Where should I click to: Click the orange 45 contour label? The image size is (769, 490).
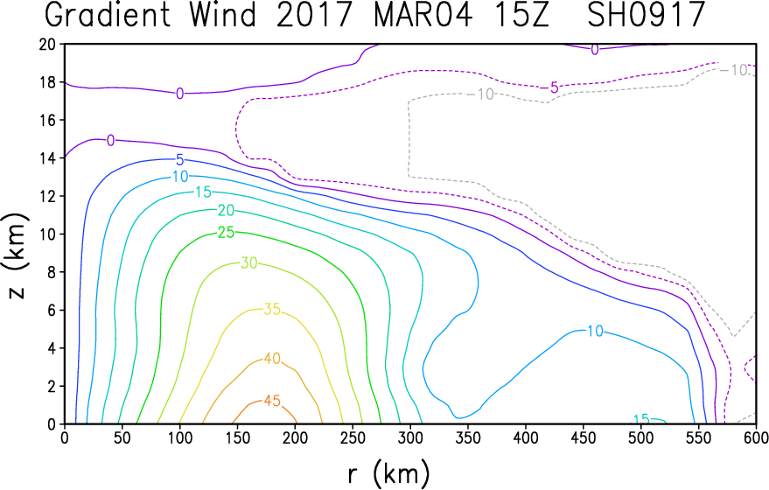click(x=272, y=401)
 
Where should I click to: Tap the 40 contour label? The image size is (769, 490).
click(x=272, y=359)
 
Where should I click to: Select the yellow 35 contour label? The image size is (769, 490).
click(x=272, y=309)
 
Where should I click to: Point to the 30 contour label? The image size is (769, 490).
click(x=249, y=263)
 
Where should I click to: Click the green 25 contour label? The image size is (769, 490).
click(x=226, y=233)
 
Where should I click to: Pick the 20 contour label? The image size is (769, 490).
click(x=226, y=210)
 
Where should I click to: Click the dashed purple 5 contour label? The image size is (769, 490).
click(x=554, y=87)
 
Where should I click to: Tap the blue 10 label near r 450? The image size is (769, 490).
click(x=595, y=331)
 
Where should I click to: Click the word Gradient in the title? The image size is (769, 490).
click(x=108, y=15)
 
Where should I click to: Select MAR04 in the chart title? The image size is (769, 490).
click(x=423, y=15)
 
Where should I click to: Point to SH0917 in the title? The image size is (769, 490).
click(x=647, y=15)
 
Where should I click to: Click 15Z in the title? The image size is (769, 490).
click(x=521, y=15)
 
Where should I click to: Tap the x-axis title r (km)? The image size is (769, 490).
click(x=389, y=474)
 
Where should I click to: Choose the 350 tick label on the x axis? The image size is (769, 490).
click(x=468, y=437)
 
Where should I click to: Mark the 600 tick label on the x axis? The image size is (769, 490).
click(x=756, y=437)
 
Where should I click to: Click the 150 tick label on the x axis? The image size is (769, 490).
click(x=237, y=437)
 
